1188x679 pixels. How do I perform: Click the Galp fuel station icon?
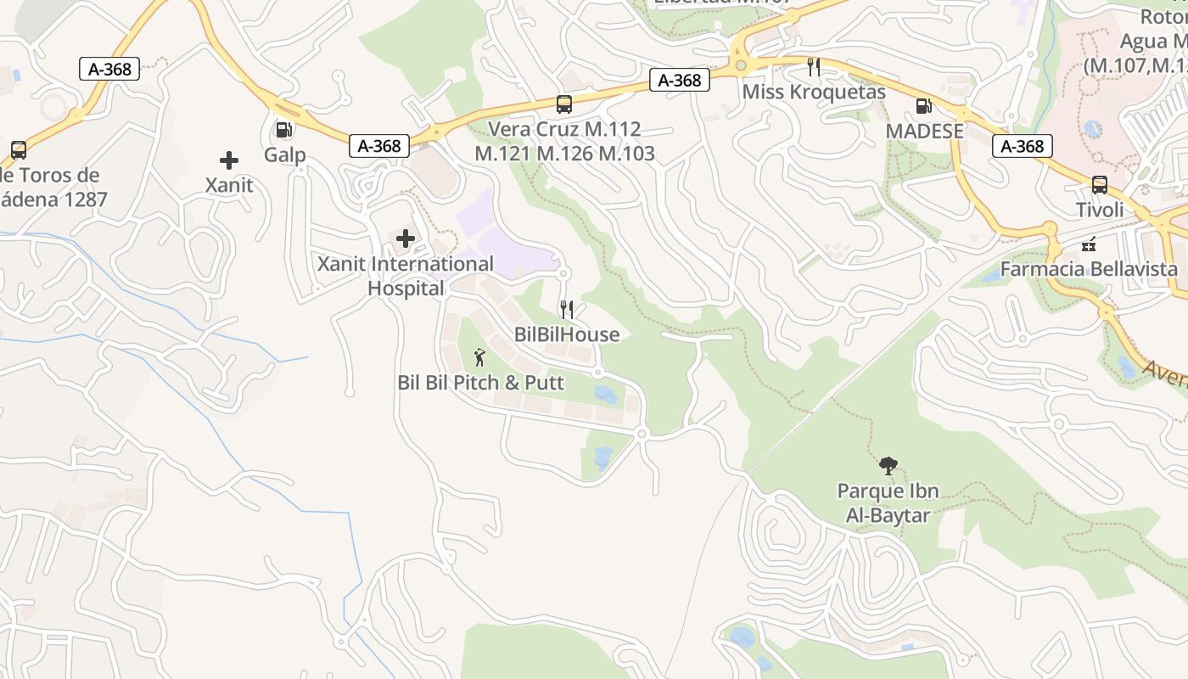(284, 130)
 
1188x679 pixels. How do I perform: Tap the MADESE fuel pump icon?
(924, 106)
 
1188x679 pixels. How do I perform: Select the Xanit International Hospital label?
(406, 276)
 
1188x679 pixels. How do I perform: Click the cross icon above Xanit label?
(228, 160)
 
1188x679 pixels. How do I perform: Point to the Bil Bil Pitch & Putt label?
(480, 383)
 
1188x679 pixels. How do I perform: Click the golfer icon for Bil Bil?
(479, 357)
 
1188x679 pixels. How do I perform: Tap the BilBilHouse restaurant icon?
(567, 310)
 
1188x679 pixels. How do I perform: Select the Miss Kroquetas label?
(814, 92)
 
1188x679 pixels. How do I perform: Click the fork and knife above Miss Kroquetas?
(814, 66)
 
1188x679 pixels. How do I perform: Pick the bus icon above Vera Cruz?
(564, 104)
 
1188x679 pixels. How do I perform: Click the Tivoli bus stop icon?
(1099, 185)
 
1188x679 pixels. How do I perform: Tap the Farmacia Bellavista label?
(1089, 270)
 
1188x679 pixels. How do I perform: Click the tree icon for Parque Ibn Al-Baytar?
(888, 465)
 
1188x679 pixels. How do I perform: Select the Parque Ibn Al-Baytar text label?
(888, 502)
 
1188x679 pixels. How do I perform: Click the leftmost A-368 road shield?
(109, 69)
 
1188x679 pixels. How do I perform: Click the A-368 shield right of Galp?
(379, 146)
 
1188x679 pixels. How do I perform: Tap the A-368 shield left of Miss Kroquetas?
(680, 80)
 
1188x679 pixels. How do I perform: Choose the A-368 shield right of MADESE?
(1023, 146)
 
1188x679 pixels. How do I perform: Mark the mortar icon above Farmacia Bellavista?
(1090, 244)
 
